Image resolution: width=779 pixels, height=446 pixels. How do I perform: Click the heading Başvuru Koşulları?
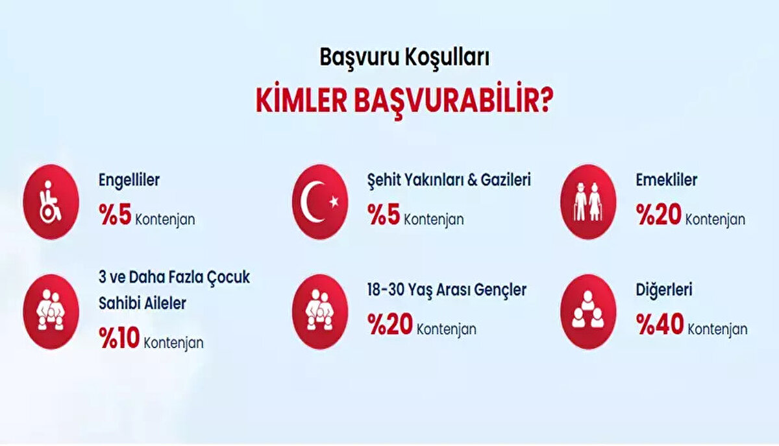click(x=404, y=58)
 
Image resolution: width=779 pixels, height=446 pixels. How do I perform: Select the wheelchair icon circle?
click(x=51, y=202)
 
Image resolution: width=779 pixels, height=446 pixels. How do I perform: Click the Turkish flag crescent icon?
click(x=320, y=202)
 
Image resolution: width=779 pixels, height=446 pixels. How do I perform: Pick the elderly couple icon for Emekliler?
click(x=587, y=202)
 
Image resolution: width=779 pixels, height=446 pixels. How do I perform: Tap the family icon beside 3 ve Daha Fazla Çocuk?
click(x=51, y=312)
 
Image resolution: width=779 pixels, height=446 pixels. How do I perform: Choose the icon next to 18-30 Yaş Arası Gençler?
click(x=320, y=312)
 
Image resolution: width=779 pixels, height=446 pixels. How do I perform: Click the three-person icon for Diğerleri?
click(x=587, y=312)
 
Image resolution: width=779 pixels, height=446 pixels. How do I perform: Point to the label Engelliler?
click(x=129, y=180)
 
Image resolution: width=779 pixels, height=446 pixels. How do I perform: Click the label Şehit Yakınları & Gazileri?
click(x=449, y=181)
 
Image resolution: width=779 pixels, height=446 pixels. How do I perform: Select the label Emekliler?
click(x=667, y=180)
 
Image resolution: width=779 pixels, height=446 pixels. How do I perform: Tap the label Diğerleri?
click(x=664, y=290)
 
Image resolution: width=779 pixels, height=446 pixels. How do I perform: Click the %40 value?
click(x=660, y=326)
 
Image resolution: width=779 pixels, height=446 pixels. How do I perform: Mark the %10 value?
click(x=119, y=340)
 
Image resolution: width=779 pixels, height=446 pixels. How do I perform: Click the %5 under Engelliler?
click(x=116, y=217)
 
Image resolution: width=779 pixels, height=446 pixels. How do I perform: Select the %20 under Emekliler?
click(x=658, y=217)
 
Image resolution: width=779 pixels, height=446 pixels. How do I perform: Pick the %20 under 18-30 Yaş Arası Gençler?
click(x=389, y=326)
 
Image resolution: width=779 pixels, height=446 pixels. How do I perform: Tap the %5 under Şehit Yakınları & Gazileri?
click(x=383, y=217)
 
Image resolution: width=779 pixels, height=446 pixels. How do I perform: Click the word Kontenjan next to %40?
click(x=717, y=329)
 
